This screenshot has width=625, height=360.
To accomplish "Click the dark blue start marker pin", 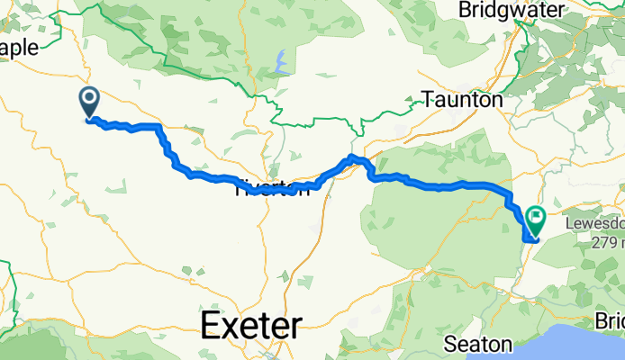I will click(90, 101).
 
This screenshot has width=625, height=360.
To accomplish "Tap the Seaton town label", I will click(479, 343).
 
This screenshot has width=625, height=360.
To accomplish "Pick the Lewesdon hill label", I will click(594, 223).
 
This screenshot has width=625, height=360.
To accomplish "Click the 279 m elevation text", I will click(607, 242).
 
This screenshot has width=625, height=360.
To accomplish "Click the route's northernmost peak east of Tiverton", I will click(354, 157).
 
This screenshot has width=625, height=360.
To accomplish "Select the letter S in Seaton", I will click(453, 343).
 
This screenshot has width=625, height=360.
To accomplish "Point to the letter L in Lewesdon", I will click(568, 223).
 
